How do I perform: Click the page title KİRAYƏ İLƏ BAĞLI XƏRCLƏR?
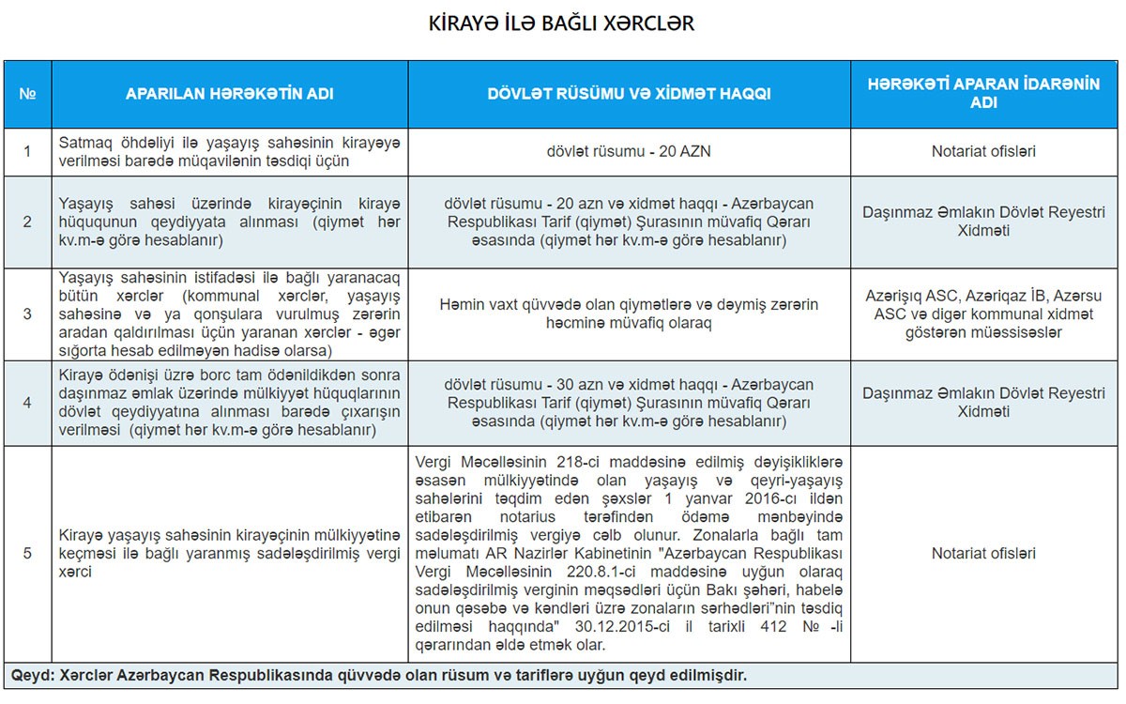pyautogui.click(x=561, y=23)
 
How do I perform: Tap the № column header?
pyautogui.click(x=27, y=94)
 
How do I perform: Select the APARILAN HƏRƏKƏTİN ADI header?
pyautogui.click(x=230, y=94)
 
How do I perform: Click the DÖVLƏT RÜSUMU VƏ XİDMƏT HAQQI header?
pyautogui.click(x=630, y=94)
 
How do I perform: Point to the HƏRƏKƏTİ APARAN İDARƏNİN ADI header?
pyautogui.click(x=983, y=94)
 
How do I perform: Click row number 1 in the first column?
pyautogui.click(x=27, y=151)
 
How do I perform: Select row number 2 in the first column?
pyautogui.click(x=27, y=222)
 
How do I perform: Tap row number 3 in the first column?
pyautogui.click(x=27, y=314)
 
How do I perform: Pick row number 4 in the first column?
pyautogui.click(x=27, y=403)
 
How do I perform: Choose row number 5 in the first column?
pyautogui.click(x=27, y=553)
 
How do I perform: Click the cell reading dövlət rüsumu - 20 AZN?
pyautogui.click(x=630, y=151)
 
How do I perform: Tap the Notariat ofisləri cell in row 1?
pyautogui.click(x=983, y=151)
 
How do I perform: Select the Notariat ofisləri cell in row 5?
pyautogui.click(x=983, y=553)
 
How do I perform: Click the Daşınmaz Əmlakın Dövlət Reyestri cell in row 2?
pyautogui.click(x=983, y=222)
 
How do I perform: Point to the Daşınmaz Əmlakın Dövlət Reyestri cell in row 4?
pyautogui.click(x=983, y=403)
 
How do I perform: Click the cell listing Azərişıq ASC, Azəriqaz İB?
pyautogui.click(x=983, y=314)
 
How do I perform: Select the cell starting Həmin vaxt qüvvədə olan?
pyautogui.click(x=630, y=314)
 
